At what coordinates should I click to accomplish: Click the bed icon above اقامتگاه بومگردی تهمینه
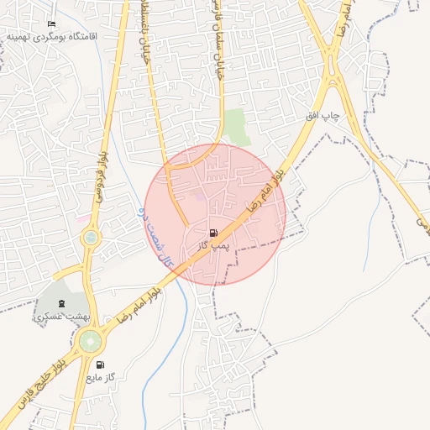pos(52,24)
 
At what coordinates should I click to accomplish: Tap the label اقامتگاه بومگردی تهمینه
pos(52,37)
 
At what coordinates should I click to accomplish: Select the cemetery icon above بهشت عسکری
pos(60,303)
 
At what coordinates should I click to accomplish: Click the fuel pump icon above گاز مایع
pos(100,365)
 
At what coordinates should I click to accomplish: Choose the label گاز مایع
pos(99,379)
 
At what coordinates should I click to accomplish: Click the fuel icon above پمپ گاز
pos(213,233)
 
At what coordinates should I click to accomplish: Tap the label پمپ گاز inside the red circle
pos(213,245)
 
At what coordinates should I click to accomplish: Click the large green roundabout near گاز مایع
pos(89,341)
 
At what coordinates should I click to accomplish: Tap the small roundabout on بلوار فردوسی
pos(90,239)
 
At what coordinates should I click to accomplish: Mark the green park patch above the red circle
pos(237,126)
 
